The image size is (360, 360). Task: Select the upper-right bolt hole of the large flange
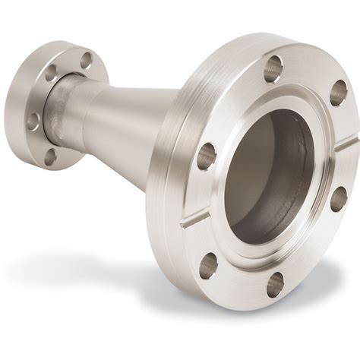pyautogui.click(x=338, y=93)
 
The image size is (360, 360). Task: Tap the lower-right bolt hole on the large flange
pyautogui.click(x=338, y=199)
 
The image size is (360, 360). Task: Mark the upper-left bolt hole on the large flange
pyautogui.click(x=207, y=156)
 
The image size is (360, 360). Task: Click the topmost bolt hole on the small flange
pyautogui.click(x=86, y=59)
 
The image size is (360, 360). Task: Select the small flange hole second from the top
pyautogui.click(x=52, y=74)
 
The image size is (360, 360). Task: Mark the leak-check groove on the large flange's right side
pyautogui.click(x=347, y=140)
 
